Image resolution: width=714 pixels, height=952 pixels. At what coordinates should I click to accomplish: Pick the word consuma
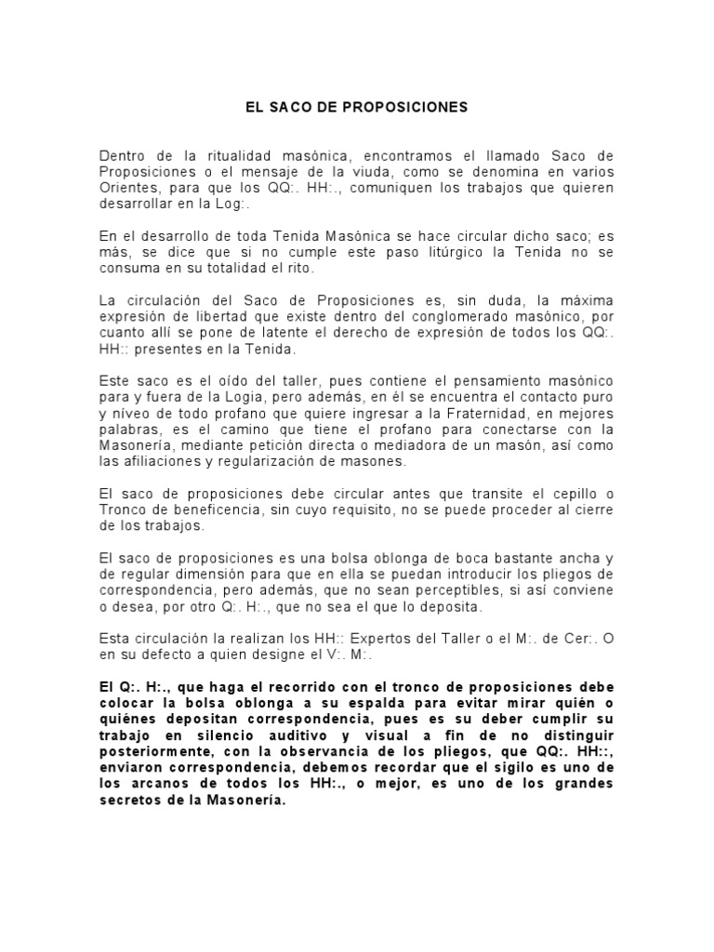click(127, 269)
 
